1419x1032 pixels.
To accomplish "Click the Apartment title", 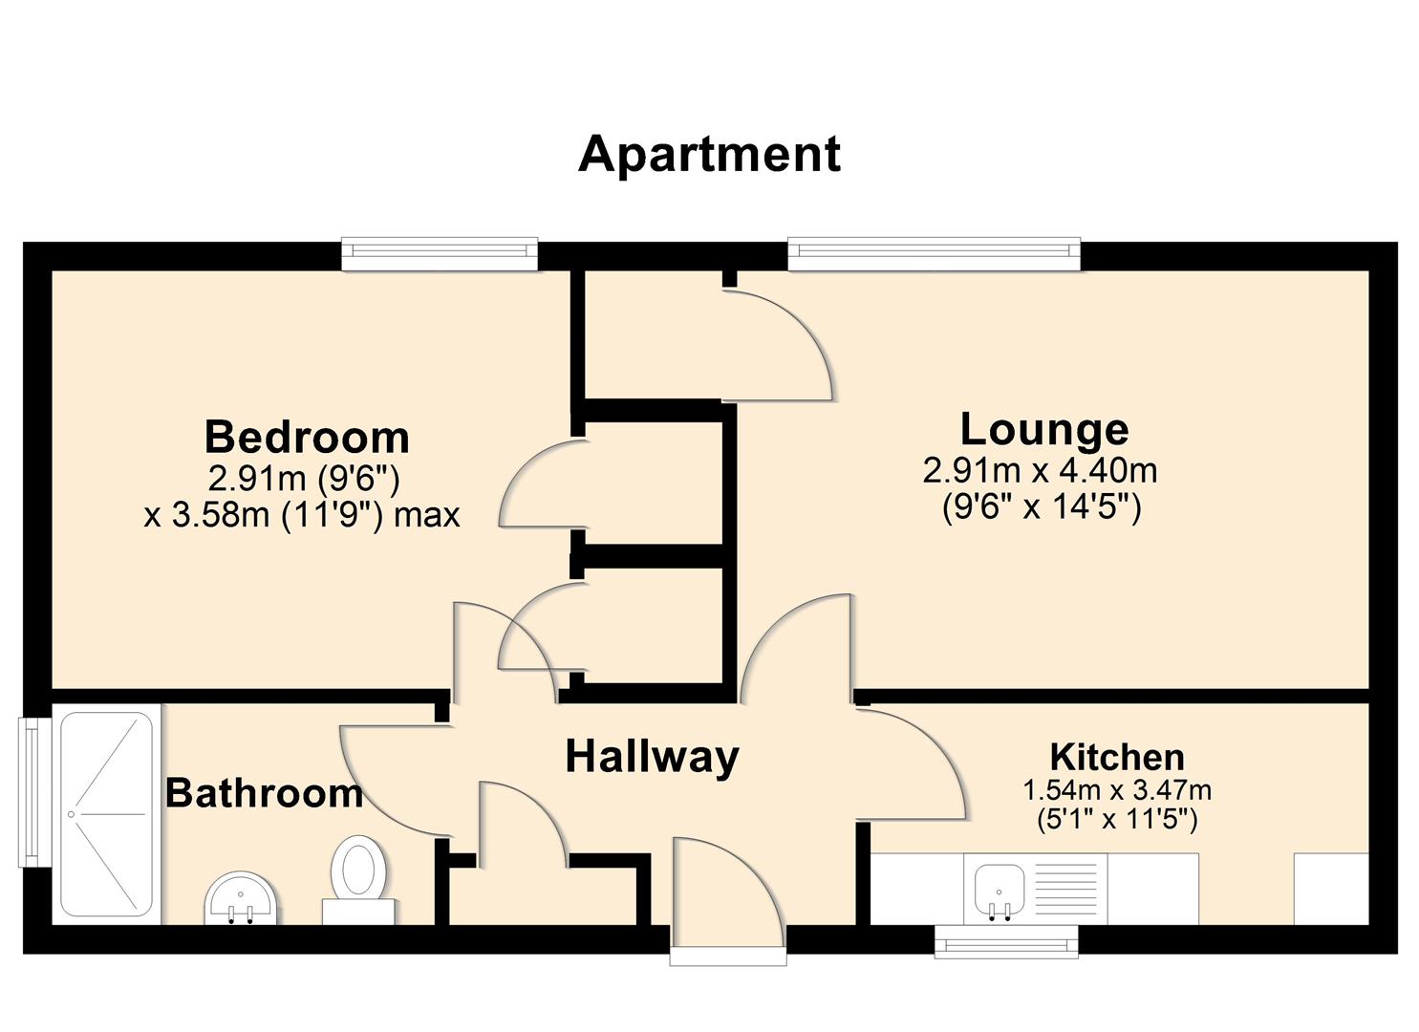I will pos(709,154).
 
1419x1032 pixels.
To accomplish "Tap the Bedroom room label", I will pos(307,438).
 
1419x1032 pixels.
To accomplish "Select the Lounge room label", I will pos(1043,429).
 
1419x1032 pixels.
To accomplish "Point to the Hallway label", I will pos(653,757).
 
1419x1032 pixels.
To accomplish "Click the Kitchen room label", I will pos(1117,757).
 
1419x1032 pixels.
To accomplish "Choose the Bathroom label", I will pos(264,793).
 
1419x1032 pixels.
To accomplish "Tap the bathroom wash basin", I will pos(242,899).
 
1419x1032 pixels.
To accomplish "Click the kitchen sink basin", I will pos(1000,889).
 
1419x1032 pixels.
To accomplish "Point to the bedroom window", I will pos(440,251).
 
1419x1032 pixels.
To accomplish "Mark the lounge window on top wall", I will pos(934,251).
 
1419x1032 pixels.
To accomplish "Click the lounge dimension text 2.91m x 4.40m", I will pos(1040,470).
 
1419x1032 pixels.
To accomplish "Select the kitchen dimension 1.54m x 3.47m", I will pos(1117,790).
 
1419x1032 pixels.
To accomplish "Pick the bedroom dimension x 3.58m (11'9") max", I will pos(302,515).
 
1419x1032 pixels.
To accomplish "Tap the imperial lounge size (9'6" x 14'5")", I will pos(1042,506).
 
